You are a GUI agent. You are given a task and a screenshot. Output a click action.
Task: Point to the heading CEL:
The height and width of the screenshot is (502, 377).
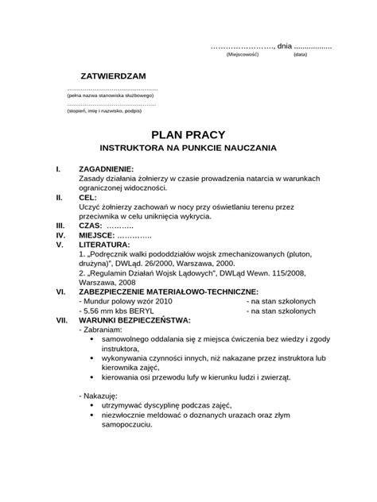(87, 197)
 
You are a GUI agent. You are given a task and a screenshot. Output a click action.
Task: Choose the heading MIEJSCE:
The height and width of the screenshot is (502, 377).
(98, 235)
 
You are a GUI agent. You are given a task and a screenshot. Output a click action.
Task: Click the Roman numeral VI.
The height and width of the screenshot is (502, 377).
(60, 292)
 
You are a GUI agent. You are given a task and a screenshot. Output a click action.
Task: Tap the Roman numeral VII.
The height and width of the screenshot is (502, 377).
(61, 320)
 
